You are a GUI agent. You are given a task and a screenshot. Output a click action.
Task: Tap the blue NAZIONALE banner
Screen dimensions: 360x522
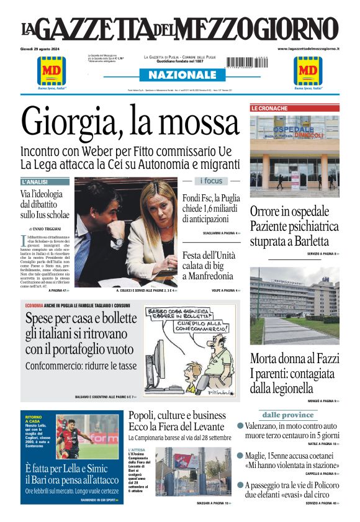click(180, 74)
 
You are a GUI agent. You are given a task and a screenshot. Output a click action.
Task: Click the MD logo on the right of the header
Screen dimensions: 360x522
click(308, 72)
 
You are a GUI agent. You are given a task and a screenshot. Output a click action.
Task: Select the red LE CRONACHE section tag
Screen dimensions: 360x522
click(269, 108)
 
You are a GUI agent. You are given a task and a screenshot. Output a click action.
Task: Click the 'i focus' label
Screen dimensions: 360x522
click(210, 181)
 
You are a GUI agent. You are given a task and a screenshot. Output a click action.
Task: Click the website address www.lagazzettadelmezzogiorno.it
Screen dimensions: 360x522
click(308, 48)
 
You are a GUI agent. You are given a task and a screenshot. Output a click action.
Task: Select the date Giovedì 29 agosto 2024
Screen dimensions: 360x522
click(41, 48)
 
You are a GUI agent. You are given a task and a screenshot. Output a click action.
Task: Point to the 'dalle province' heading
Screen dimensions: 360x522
click(287, 415)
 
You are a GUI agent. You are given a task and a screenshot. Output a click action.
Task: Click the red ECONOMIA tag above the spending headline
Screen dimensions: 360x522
click(34, 306)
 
